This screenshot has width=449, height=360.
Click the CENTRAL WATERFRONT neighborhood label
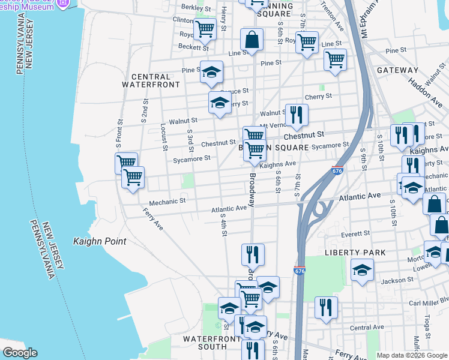tap(155, 80)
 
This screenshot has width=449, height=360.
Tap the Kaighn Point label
tap(100, 241)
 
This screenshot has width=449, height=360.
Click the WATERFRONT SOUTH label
tap(205, 343)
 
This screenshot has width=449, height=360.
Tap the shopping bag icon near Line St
tap(252, 40)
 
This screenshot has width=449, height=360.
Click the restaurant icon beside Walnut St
tap(296, 115)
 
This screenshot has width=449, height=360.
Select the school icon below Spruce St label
tap(220, 103)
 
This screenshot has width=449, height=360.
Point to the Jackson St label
tap(394, 280)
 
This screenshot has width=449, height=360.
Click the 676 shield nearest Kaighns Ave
tap(337, 171)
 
